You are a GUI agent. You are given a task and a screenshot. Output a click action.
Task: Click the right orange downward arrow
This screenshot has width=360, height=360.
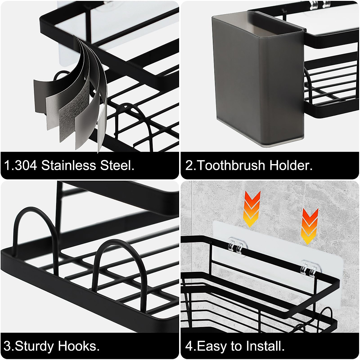[x=309, y=225]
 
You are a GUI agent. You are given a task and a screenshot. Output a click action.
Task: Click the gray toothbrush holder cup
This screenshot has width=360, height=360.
[x=258, y=78]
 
